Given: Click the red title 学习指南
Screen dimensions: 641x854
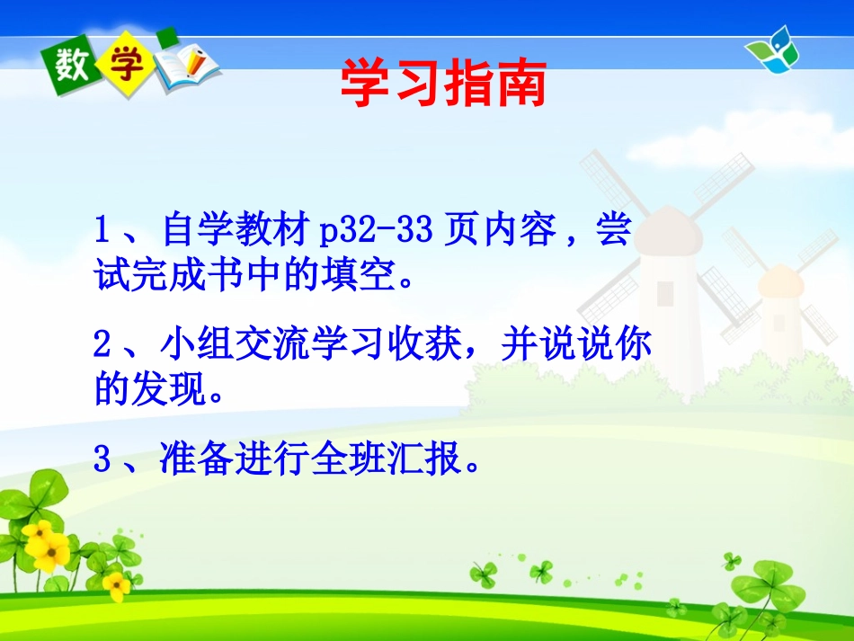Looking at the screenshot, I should (x=443, y=85).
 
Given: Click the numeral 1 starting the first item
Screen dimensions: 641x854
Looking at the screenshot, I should (x=103, y=232).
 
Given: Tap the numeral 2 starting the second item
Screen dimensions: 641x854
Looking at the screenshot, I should (x=103, y=346).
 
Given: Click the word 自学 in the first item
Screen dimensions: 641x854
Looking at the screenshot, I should (x=197, y=232).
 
